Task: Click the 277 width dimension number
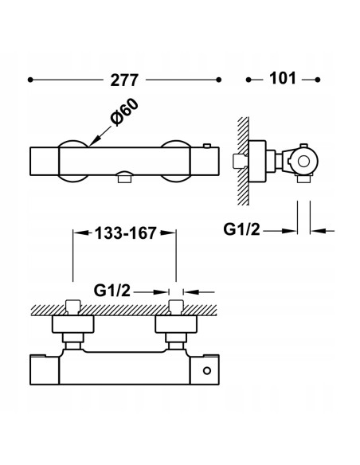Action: (x=123, y=80)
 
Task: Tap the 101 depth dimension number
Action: (x=283, y=80)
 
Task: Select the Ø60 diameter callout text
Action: (x=126, y=118)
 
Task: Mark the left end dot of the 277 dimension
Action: (x=30, y=80)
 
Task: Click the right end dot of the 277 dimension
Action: (x=218, y=80)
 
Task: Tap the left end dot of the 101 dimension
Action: (x=248, y=80)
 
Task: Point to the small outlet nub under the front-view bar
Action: (x=123, y=180)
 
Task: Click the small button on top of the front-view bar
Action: (x=209, y=145)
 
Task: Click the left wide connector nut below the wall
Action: (x=73, y=324)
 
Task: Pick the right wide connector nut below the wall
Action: (x=176, y=324)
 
